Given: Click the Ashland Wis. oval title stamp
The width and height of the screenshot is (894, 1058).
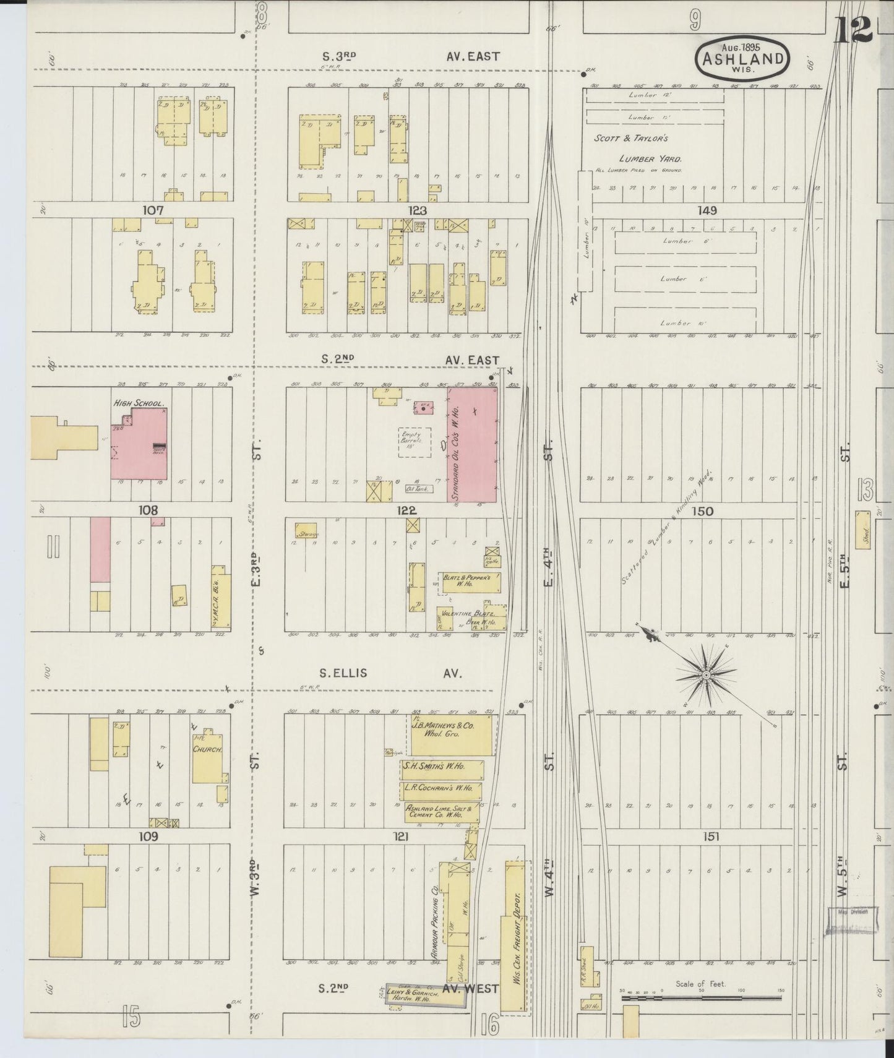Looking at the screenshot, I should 743,59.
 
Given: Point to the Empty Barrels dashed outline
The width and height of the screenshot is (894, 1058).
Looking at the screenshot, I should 415,442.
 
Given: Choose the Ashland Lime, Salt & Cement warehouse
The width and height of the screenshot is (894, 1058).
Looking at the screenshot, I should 441,812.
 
